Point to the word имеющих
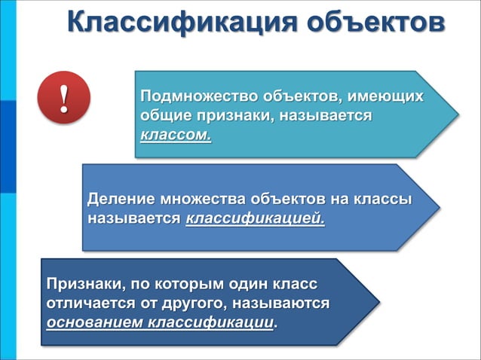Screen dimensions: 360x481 [x=385, y=98]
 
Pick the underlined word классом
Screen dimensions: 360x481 [x=176, y=136]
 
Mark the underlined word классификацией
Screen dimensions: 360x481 [x=256, y=220]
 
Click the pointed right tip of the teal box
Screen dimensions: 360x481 [x=457, y=114]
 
